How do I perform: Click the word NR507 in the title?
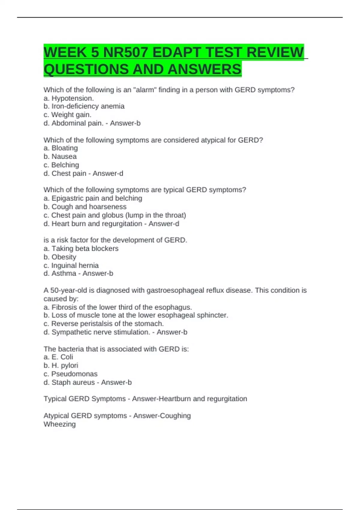(126, 52)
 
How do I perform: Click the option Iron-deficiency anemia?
(88, 106)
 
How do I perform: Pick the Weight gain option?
(71, 115)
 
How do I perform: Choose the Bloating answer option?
(64, 148)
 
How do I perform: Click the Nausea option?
(64, 156)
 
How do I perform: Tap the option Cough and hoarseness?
(89, 207)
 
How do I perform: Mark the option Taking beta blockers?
(85, 248)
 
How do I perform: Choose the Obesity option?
(64, 257)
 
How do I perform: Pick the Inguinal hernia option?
(75, 265)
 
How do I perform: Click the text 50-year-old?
(68, 290)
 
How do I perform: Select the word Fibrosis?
(64, 307)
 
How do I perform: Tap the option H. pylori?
(65, 365)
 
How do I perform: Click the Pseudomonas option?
(74, 374)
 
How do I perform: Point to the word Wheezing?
(59, 424)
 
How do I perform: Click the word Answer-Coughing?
(162, 416)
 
